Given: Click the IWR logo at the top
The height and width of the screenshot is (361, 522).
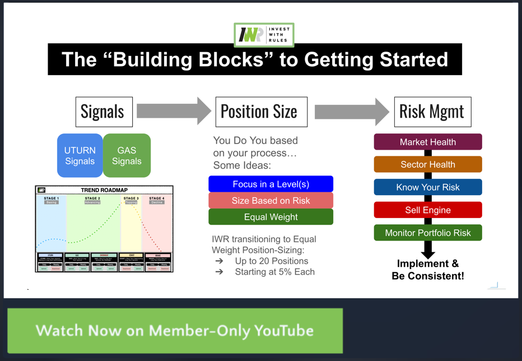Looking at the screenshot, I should tap(264, 35).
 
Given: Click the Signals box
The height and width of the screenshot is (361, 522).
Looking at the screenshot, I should tap(104, 112).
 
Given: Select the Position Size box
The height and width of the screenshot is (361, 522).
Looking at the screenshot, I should tap(261, 112).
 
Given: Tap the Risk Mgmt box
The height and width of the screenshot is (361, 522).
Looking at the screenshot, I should tap(431, 112).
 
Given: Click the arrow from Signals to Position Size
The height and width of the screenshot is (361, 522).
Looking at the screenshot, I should tap(174, 111).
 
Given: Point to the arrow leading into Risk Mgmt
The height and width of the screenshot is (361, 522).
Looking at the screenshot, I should tap(352, 111).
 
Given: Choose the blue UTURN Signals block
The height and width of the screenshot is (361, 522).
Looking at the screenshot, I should tap(80, 155).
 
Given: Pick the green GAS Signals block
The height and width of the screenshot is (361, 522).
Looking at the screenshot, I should tap(127, 155).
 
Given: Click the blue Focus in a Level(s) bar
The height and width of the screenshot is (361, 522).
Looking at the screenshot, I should tap(271, 184).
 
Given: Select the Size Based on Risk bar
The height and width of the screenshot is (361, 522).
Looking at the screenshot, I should tap(271, 201).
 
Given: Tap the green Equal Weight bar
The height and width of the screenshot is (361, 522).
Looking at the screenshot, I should tap(271, 217).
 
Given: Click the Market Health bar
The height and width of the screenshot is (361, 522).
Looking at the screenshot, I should tap(428, 142).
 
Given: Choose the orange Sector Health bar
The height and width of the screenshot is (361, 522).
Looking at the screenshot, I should tap(428, 165).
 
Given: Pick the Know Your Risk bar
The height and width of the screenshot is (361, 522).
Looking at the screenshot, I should tap(428, 187).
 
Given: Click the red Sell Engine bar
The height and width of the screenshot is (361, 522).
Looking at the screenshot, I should tap(428, 210).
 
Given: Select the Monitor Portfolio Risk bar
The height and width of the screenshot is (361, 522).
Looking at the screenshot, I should tap(428, 233).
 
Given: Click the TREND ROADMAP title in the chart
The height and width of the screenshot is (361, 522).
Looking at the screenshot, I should tap(104, 190).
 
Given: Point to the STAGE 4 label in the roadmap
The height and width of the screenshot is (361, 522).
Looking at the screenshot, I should tap(157, 198).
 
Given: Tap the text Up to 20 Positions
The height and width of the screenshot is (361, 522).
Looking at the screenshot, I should tap(272, 261).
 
